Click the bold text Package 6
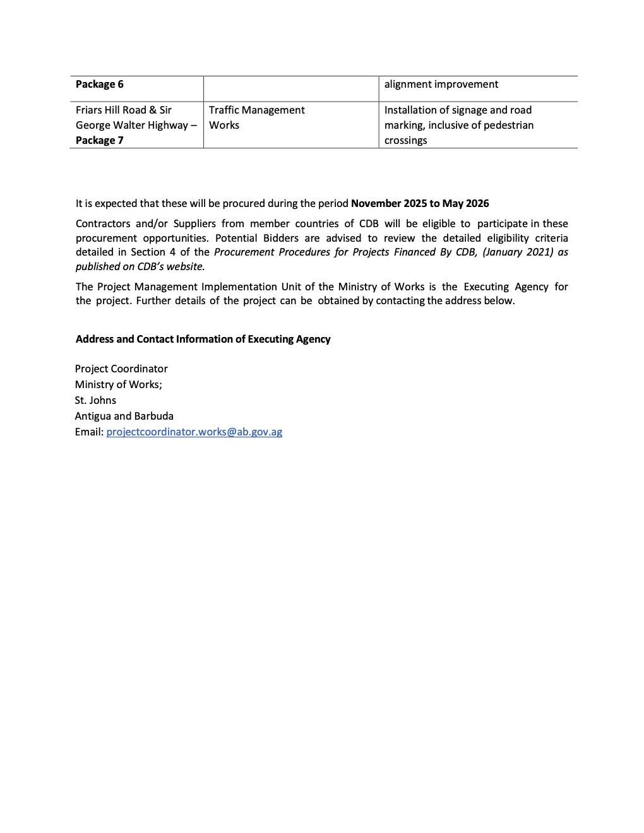pyautogui.click(x=100, y=85)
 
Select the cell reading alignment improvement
pyautogui.click(x=441, y=85)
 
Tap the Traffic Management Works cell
pyautogui.click(x=256, y=117)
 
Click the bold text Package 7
pyautogui.click(x=100, y=140)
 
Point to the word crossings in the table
pyautogui.click(x=405, y=140)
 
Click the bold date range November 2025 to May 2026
pyautogui.click(x=420, y=203)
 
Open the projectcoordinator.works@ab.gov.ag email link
pyautogui.click(x=194, y=432)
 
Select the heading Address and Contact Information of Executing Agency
pyautogui.click(x=203, y=339)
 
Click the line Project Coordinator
pyautogui.click(x=121, y=369)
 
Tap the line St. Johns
pyautogui.click(x=95, y=400)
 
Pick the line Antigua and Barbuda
pyautogui.click(x=124, y=416)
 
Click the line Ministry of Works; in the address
pyautogui.click(x=118, y=384)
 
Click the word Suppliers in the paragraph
pyautogui.click(x=194, y=223)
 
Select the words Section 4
pyautogui.click(x=153, y=252)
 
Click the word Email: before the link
pyautogui.click(x=89, y=432)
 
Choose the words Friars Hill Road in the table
pyautogui.click(x=110, y=110)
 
